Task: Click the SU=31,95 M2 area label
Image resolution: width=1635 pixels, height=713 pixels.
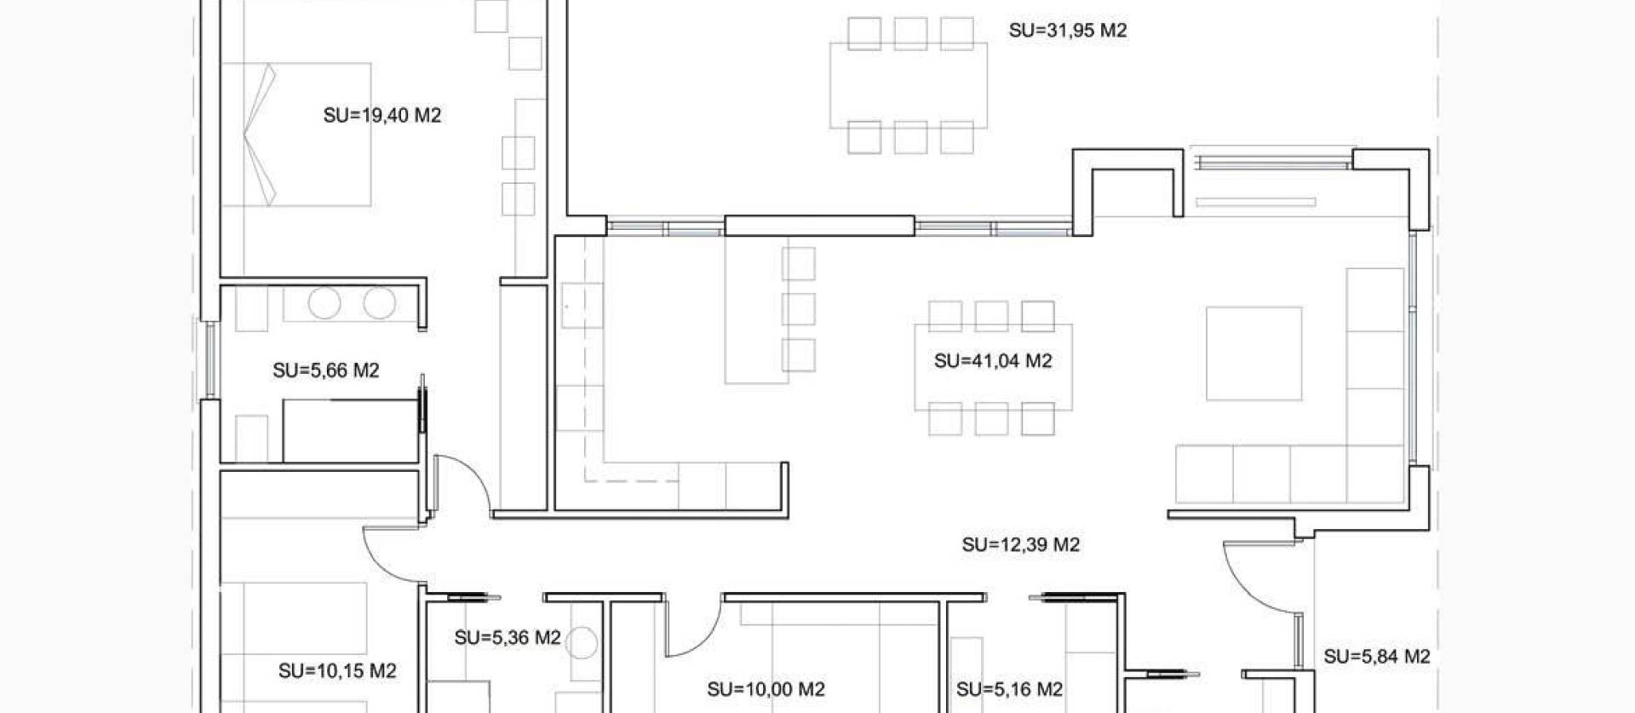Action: [1068, 31]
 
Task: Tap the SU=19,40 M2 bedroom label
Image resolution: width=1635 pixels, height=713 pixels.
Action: [382, 115]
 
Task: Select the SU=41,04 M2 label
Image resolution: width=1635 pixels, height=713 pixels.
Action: [993, 360]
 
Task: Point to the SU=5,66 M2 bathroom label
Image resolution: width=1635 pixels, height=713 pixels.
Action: [325, 370]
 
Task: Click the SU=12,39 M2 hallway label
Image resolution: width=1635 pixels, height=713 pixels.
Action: [1021, 544]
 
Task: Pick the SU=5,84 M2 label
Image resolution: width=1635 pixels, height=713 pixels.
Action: [1376, 656]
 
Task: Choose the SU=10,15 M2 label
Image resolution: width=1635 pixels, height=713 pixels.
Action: [337, 670]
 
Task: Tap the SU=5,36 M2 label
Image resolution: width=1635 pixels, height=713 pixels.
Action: [508, 637]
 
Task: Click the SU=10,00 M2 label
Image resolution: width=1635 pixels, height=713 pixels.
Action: [766, 688]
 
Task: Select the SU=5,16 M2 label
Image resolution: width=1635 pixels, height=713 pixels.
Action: [1009, 688]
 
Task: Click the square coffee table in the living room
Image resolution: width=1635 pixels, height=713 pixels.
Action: [1253, 354]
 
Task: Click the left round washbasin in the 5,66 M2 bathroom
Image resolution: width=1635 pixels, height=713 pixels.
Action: [324, 303]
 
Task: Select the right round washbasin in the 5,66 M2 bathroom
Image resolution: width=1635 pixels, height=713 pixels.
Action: [380, 303]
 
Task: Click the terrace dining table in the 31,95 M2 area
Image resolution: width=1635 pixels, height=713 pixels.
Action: [909, 85]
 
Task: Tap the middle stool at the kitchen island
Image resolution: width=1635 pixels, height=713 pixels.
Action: [799, 309]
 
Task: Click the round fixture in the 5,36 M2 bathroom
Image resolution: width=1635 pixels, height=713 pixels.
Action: [582, 641]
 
